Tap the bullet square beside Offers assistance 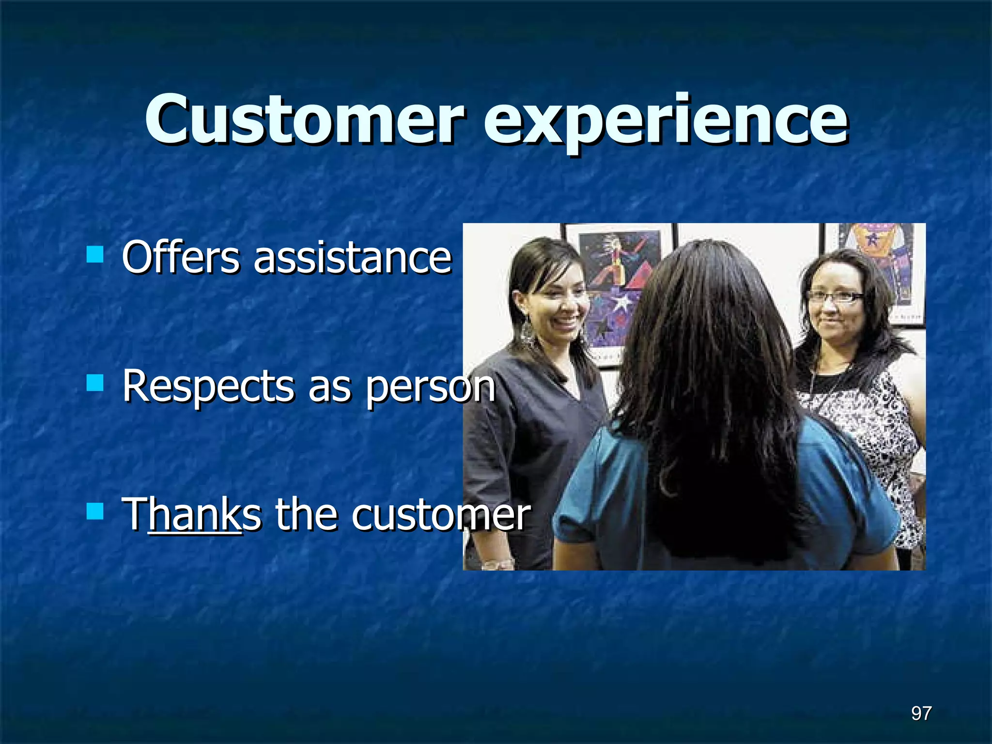tap(95, 254)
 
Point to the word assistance tap(353, 258)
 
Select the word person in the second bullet tap(430, 387)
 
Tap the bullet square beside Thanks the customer tap(95, 511)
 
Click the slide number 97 tap(921, 713)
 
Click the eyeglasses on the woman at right tap(835, 296)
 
